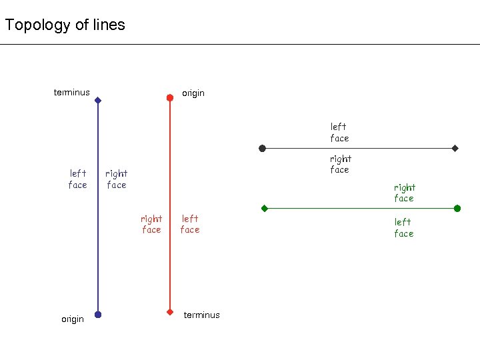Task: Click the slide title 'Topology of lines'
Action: [x=65, y=25]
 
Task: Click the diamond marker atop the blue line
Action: [x=98, y=101]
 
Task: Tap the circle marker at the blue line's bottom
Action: [x=98, y=314]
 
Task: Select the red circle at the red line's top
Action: [x=170, y=97]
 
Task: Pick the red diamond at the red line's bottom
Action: [x=170, y=311]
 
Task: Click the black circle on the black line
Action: [x=263, y=148]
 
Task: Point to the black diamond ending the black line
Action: [x=455, y=148]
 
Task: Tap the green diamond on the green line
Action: [x=265, y=209]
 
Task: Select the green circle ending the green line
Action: [x=457, y=209]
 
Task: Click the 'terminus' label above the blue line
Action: [x=71, y=93]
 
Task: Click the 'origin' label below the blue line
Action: [x=73, y=319]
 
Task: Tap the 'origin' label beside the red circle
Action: [x=193, y=93]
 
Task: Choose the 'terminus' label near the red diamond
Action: [x=201, y=315]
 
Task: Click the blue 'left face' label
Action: [x=78, y=179]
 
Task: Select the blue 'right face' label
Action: [x=117, y=179]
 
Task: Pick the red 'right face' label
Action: [x=151, y=224]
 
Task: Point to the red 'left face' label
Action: [x=190, y=224]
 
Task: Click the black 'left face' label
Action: [x=339, y=132]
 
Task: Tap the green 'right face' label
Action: [x=404, y=193]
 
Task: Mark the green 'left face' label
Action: [x=403, y=227]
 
